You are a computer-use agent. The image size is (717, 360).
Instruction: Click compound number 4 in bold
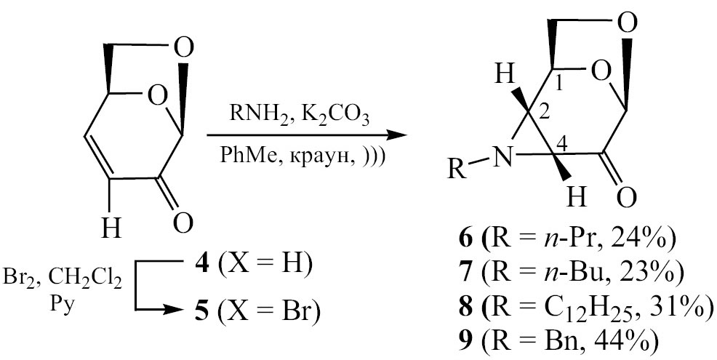[x=201, y=265]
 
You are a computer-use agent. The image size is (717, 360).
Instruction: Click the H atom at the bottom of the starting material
[x=111, y=228]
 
